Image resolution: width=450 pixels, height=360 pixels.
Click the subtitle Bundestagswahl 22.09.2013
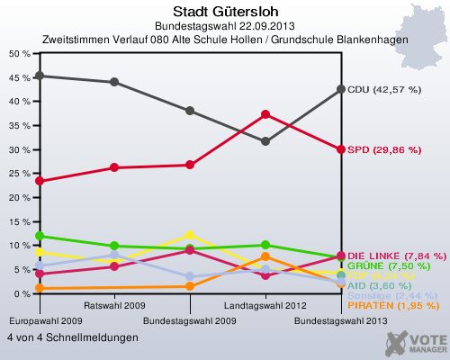pos(225,27)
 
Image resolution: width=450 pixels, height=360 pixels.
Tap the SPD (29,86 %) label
pos(383,149)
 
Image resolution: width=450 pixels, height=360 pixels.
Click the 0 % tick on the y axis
pos(22,294)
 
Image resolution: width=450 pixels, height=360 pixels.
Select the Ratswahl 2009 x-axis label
pos(114,306)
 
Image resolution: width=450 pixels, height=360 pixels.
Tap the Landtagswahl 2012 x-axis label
pos(265,306)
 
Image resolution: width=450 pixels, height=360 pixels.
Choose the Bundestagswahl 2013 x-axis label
pos(341,319)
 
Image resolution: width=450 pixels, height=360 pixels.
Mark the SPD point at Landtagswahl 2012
pos(265,114)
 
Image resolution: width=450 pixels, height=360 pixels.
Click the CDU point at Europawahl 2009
pos(39,76)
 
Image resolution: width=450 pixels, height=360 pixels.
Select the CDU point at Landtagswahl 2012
pos(265,141)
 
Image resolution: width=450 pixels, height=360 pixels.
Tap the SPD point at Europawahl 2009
pos(39,181)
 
